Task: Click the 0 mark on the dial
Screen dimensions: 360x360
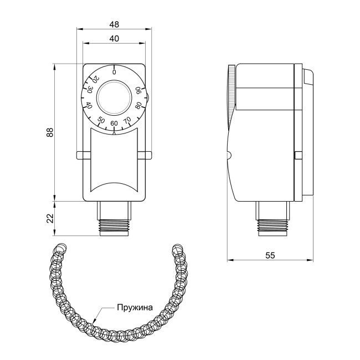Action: click(x=114, y=72)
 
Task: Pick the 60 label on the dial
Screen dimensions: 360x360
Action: click(x=114, y=124)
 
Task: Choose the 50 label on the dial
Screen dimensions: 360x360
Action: click(x=101, y=120)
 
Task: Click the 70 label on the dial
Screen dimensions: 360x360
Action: click(x=127, y=120)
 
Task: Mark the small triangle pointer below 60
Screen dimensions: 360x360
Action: click(x=114, y=132)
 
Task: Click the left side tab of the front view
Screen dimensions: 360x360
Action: click(x=81, y=154)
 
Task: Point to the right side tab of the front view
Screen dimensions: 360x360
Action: click(x=147, y=154)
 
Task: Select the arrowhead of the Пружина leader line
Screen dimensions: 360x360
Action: click(x=95, y=320)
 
